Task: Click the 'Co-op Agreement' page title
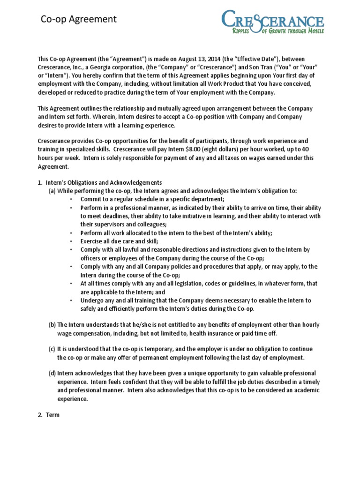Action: pos(79,19)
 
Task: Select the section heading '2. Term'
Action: pos(49,415)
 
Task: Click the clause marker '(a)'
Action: pos(52,191)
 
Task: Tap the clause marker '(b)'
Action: pos(52,325)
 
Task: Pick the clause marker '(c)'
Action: pos(52,349)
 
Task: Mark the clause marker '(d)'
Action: pos(52,374)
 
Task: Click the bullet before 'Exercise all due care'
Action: pos(70,241)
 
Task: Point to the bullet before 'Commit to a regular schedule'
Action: pos(70,199)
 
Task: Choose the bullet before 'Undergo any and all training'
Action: pos(70,300)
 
